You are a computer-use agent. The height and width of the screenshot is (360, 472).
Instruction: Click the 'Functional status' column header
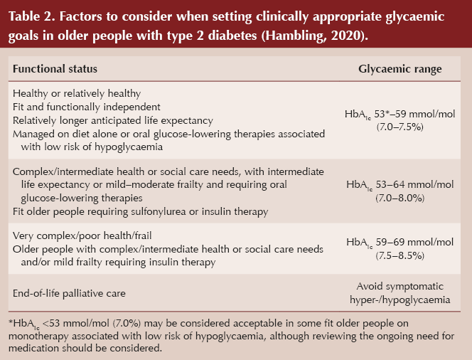[x=55, y=69]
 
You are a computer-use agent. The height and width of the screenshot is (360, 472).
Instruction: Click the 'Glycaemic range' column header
[x=399, y=69]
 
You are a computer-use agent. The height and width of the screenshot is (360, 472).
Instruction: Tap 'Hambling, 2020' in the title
[x=313, y=36]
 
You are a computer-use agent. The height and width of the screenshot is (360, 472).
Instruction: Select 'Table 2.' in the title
[x=31, y=16]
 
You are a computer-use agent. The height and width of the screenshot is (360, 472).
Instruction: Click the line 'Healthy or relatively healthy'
[x=77, y=93]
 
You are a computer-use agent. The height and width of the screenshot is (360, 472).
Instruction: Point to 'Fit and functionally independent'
[x=87, y=107]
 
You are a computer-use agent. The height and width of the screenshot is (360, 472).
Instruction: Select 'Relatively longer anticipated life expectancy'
[x=113, y=120]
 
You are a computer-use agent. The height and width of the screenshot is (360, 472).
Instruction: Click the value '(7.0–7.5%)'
[x=399, y=127]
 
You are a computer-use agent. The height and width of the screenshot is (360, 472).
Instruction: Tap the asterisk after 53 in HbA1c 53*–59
[x=389, y=112]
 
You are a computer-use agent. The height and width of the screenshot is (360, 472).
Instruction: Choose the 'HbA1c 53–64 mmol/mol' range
[x=399, y=185]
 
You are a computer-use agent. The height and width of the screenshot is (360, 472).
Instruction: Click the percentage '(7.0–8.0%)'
[x=399, y=198]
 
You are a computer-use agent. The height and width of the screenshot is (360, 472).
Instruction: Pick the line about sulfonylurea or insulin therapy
[x=140, y=211]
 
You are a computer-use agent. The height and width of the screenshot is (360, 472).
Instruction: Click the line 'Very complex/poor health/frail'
[x=82, y=235]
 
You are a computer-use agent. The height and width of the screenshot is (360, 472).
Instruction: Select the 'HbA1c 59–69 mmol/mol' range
[x=399, y=243]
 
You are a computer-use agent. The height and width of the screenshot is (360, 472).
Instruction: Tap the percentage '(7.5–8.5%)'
[x=399, y=255]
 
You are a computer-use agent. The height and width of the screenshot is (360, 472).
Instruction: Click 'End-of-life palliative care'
[x=69, y=293]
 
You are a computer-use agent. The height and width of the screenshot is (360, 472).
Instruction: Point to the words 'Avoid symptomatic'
[x=399, y=286]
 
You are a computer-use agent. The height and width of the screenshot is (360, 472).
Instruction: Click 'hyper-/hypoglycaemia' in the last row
[x=399, y=300]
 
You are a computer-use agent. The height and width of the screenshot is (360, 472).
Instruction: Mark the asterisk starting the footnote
[x=11, y=322]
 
